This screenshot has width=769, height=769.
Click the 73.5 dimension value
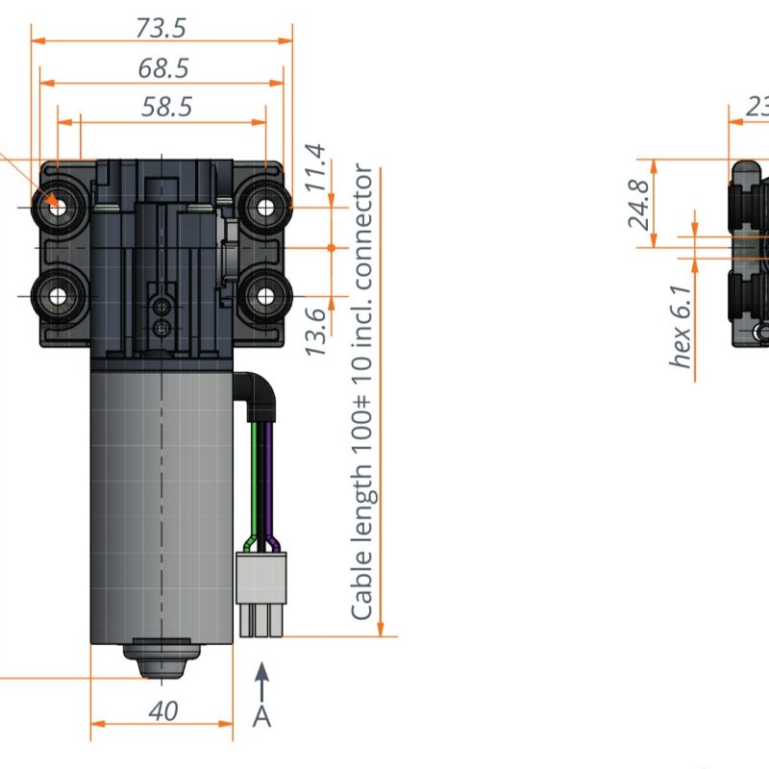(161, 29)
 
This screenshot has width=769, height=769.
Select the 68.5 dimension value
(162, 68)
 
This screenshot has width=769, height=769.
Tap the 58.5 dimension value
(166, 107)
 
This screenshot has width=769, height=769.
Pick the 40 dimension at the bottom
(162, 711)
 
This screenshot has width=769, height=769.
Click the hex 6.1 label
(680, 327)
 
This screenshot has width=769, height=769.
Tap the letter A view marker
(261, 716)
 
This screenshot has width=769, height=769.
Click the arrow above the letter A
(261, 679)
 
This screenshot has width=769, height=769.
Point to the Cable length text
(362, 394)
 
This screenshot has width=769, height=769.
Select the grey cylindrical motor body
(161, 500)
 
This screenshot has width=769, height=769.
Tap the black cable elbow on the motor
(259, 391)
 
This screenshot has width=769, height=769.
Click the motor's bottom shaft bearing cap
(161, 659)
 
